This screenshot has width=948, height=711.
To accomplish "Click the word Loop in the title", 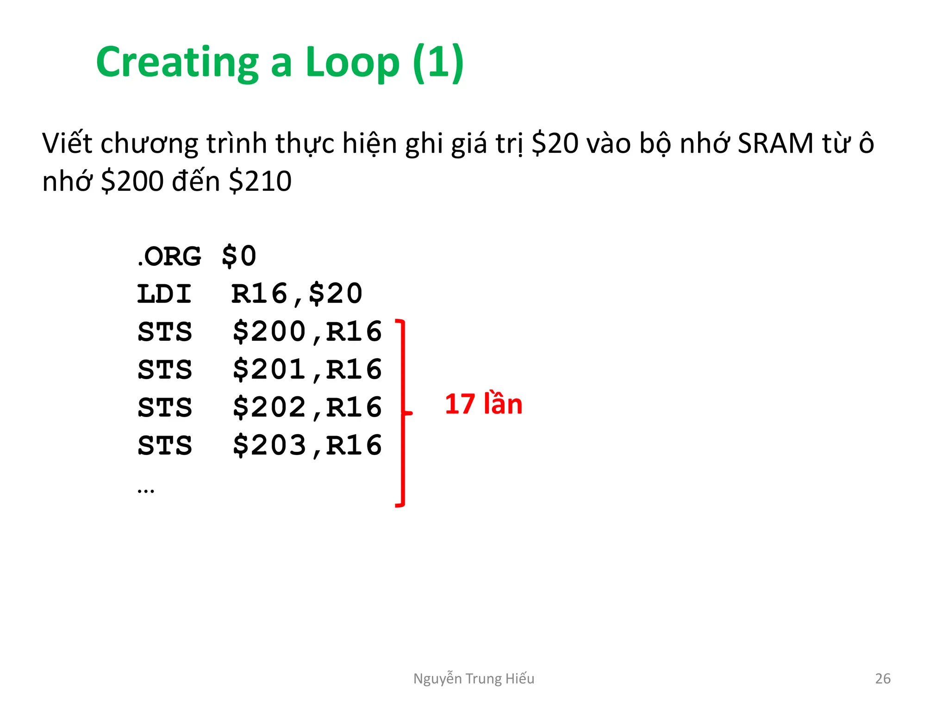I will (x=352, y=62).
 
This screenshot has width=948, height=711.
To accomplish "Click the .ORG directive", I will (x=169, y=256).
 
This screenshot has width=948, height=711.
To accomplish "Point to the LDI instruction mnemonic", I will (x=164, y=294).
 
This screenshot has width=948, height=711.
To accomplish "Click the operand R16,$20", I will (x=297, y=294).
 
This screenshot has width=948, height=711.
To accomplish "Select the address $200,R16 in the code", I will (x=307, y=332).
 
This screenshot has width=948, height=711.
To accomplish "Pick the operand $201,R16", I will (x=307, y=370).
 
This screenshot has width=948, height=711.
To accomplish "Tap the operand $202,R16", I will (x=307, y=408).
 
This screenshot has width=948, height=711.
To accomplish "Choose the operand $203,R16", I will (x=307, y=446).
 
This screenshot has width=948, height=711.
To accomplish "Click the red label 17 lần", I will (x=483, y=404).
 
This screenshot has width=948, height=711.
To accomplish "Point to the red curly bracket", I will (x=402, y=412).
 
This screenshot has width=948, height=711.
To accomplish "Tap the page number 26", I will (x=883, y=679).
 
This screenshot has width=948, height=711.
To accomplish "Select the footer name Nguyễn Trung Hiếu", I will (x=474, y=679).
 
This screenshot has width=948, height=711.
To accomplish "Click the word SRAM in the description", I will (x=775, y=143).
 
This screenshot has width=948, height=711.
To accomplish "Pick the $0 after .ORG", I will (x=239, y=256).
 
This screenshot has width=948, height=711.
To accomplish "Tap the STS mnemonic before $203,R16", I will (x=165, y=446).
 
